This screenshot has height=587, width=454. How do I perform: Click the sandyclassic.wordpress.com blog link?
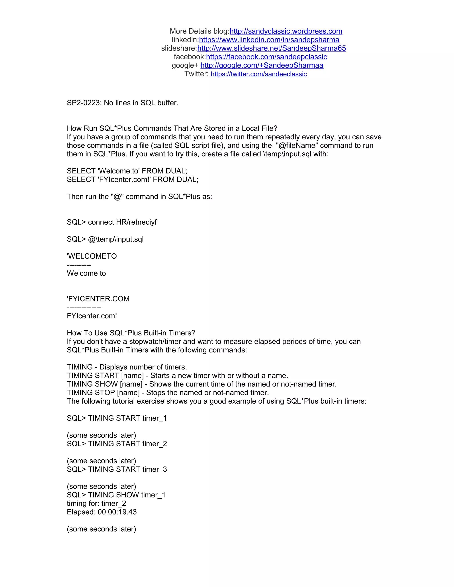click(286, 31)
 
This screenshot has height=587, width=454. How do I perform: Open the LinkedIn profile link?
click(269, 40)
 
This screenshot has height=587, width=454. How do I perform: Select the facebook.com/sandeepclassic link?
click(266, 57)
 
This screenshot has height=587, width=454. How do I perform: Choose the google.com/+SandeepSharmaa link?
click(262, 66)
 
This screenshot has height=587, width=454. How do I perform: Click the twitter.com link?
click(258, 74)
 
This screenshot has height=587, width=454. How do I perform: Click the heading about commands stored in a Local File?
click(172, 128)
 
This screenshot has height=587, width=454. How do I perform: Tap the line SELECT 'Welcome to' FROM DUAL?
click(127, 171)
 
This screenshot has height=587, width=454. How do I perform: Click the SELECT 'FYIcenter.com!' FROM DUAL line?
click(132, 180)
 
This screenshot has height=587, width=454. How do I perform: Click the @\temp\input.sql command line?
click(116, 239)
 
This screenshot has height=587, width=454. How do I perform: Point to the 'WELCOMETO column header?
click(92, 257)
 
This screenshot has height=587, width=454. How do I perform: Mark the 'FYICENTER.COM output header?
click(98, 299)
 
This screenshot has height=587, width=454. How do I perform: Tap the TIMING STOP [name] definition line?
click(168, 393)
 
